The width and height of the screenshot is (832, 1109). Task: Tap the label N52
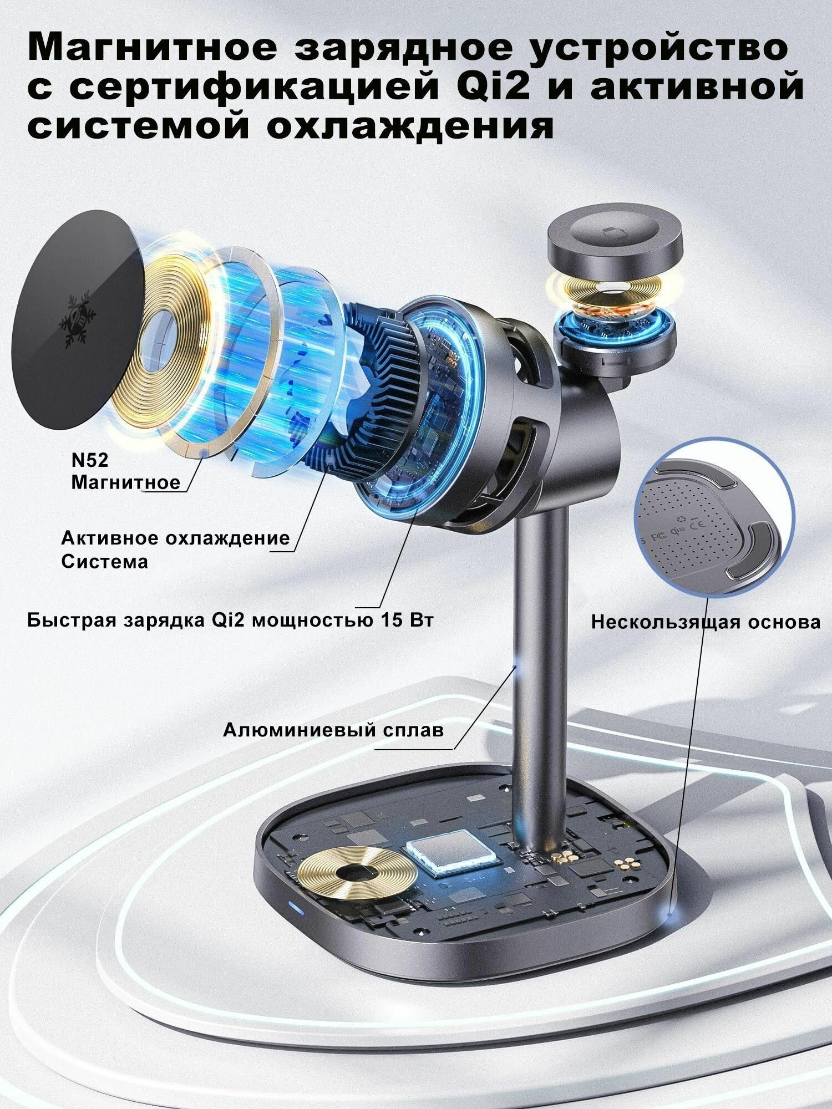click(x=90, y=460)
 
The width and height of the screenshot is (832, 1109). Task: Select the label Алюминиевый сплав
click(x=333, y=730)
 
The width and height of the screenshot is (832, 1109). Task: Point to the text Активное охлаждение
click(x=175, y=538)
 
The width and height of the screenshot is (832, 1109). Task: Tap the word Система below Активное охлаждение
click(x=105, y=562)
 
